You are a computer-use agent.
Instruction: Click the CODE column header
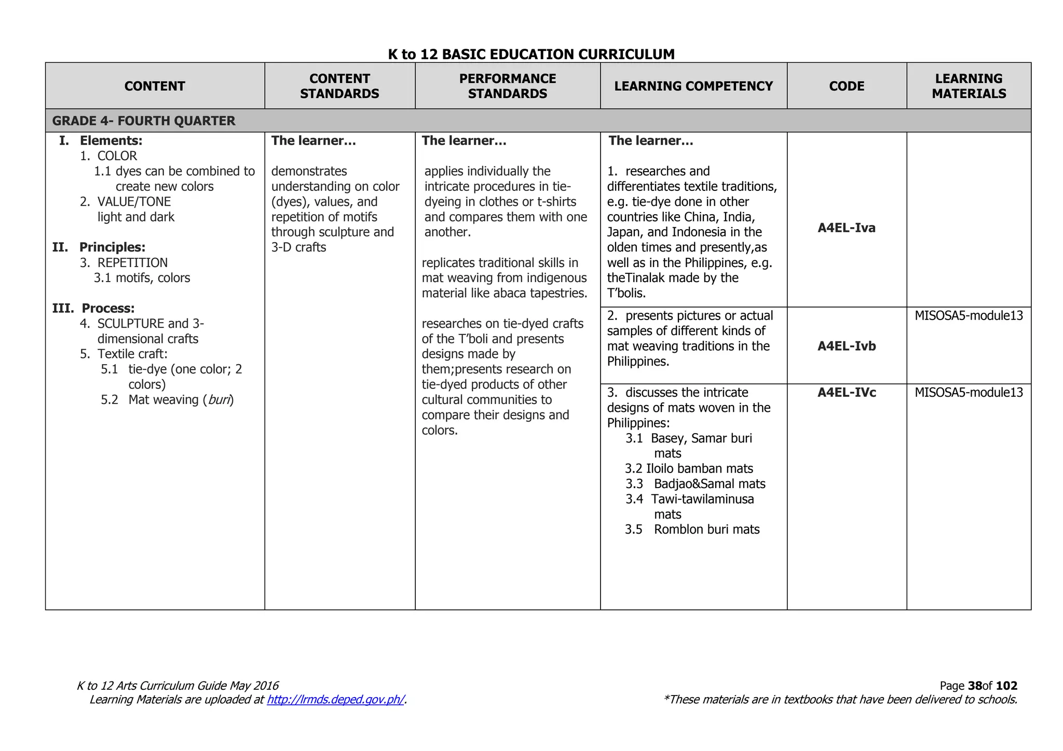pyautogui.click(x=847, y=86)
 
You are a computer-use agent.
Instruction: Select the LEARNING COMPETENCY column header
pyautogui.click(x=693, y=86)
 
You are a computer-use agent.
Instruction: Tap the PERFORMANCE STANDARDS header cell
pyautogui.click(x=507, y=86)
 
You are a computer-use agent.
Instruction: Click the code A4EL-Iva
pyautogui.click(x=847, y=228)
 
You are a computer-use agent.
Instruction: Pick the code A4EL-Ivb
pyautogui.click(x=847, y=346)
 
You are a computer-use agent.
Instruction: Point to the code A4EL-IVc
pyautogui.click(x=847, y=393)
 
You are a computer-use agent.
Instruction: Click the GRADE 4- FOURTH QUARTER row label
pyautogui.click(x=144, y=121)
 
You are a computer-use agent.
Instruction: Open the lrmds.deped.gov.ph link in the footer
pyautogui.click(x=335, y=700)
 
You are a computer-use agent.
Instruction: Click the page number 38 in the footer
pyautogui.click(x=975, y=686)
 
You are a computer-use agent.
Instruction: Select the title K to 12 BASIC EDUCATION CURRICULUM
pyautogui.click(x=531, y=54)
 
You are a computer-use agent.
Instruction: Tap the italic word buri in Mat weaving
pyautogui.click(x=219, y=400)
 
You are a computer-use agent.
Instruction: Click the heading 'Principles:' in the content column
pyautogui.click(x=112, y=247)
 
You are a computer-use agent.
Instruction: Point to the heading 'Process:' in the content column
pyautogui.click(x=108, y=309)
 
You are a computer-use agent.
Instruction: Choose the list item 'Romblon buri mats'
pyautogui.click(x=706, y=530)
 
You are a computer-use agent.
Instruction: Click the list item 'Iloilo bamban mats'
pyautogui.click(x=699, y=469)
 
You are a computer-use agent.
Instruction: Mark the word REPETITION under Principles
pyautogui.click(x=132, y=263)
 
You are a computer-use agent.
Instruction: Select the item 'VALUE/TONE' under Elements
pyautogui.click(x=134, y=202)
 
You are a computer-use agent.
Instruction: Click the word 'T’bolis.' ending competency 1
pyautogui.click(x=626, y=294)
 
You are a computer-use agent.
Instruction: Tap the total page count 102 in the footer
pyautogui.click(x=1006, y=686)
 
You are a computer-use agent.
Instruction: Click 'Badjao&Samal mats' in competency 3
pyautogui.click(x=710, y=484)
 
